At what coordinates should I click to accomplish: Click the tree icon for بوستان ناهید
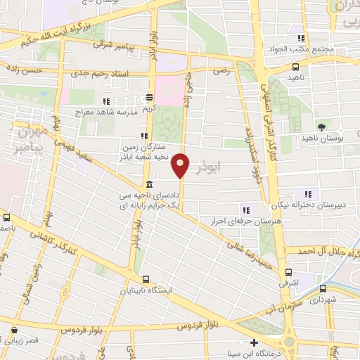click(321, 127)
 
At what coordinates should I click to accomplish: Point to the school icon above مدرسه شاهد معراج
click(106, 102)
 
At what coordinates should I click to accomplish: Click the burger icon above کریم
click(148, 98)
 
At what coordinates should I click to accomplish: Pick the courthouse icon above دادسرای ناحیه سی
click(149, 184)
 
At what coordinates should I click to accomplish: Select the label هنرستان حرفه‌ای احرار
click(242, 220)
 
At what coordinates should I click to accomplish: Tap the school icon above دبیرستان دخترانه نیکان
click(307, 194)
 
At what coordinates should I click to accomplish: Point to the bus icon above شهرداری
click(323, 288)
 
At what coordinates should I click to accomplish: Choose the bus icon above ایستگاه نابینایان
click(145, 278)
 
